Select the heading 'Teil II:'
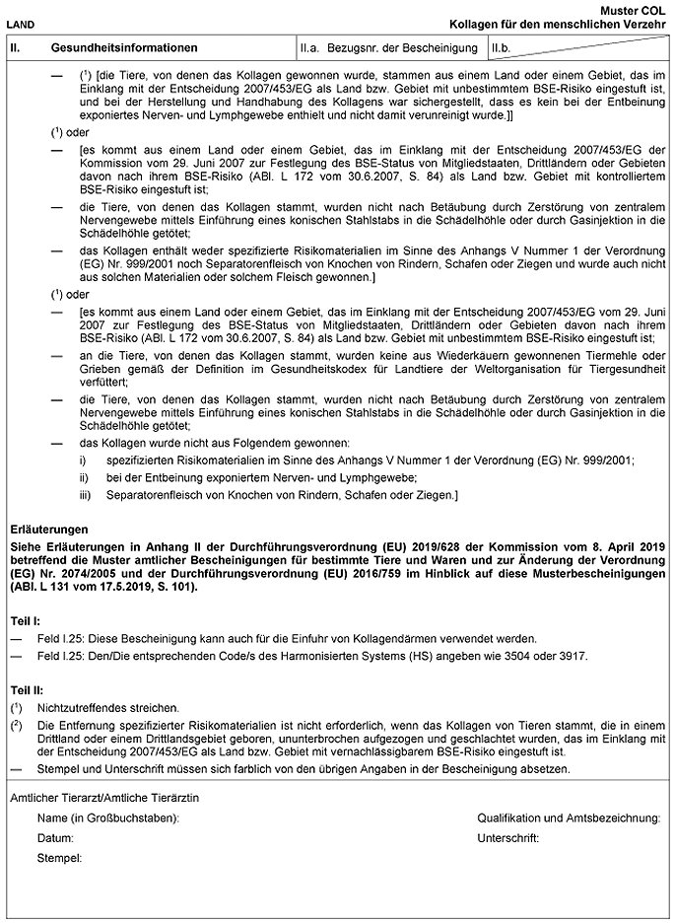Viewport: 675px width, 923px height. pyautogui.click(x=26, y=690)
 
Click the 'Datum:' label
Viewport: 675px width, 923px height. pyautogui.click(x=56, y=837)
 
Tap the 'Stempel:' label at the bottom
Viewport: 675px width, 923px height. pyautogui.click(x=61, y=858)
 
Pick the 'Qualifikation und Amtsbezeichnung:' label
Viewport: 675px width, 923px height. pyautogui.click(x=569, y=818)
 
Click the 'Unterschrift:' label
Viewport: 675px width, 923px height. pyautogui.click(x=507, y=837)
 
